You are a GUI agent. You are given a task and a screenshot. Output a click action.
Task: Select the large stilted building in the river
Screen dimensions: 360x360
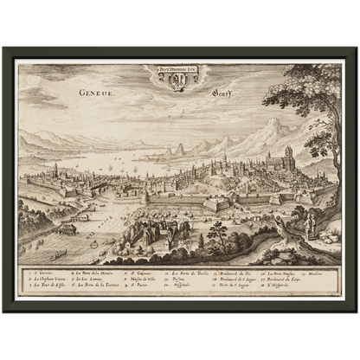point(66,229)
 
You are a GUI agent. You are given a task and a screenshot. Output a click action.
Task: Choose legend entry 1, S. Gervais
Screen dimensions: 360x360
point(41,271)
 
